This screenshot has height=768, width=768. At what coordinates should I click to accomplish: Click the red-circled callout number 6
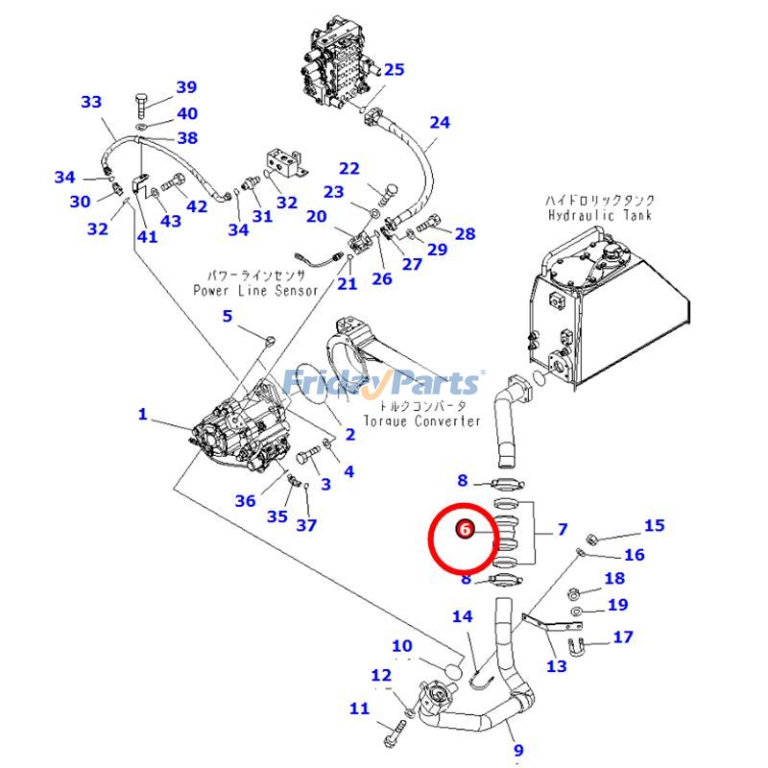tap(465, 529)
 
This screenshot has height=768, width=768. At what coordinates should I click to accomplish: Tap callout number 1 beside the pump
tap(143, 415)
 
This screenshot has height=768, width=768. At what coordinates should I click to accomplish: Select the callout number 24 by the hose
tap(439, 122)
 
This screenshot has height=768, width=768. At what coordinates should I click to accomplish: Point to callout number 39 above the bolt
tap(185, 88)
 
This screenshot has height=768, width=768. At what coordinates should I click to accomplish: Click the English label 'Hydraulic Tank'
tap(600, 216)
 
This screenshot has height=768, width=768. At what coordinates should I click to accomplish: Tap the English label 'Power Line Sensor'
tap(255, 290)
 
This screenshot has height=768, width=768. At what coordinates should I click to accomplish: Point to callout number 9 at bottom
tap(518, 751)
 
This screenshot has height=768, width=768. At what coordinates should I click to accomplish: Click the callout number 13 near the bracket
tap(556, 666)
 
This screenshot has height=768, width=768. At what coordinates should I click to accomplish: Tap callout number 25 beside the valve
tap(394, 69)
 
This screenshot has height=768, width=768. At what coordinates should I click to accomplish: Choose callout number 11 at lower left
tap(359, 708)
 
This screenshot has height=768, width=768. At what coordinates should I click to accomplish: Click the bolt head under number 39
tap(141, 102)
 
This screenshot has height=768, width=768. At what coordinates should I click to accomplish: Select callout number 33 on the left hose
tap(91, 102)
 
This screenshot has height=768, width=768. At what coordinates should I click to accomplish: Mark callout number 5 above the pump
tap(228, 316)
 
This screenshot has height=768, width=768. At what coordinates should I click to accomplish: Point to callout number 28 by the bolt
tap(465, 233)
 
